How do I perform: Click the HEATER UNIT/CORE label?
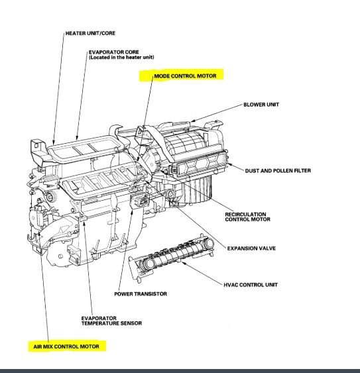click(90, 33)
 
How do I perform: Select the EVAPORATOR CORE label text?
click(114, 52)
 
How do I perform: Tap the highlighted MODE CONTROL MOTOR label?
click(185, 76)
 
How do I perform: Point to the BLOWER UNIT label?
click(261, 105)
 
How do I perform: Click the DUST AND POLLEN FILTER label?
click(278, 170)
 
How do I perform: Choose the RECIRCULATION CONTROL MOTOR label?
click(247, 217)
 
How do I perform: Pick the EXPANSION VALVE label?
click(251, 248)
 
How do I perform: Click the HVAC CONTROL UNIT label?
click(251, 285)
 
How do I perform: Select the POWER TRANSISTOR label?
click(141, 293)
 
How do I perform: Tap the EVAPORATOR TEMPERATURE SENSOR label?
click(111, 321)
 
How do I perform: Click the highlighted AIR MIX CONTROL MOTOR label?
click(66, 346)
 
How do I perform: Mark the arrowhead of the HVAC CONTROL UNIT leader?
click(182, 262)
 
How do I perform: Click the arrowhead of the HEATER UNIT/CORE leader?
click(54, 143)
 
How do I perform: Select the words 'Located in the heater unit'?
click(121, 58)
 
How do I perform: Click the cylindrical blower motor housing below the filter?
click(197, 189)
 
